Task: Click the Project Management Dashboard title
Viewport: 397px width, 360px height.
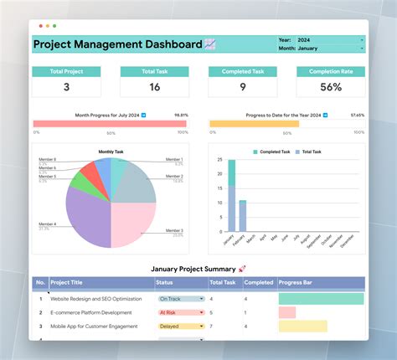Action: click(117, 44)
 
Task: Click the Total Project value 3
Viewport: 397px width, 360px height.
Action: click(67, 87)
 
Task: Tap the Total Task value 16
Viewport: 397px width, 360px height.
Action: click(155, 87)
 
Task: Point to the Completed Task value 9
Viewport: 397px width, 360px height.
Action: click(242, 87)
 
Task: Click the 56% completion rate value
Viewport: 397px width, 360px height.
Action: click(330, 87)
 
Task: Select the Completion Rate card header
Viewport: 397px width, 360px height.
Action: click(330, 71)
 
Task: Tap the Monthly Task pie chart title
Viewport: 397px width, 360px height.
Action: click(111, 152)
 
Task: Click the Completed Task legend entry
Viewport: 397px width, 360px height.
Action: click(274, 152)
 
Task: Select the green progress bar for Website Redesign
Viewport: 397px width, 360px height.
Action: click(321, 298)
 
